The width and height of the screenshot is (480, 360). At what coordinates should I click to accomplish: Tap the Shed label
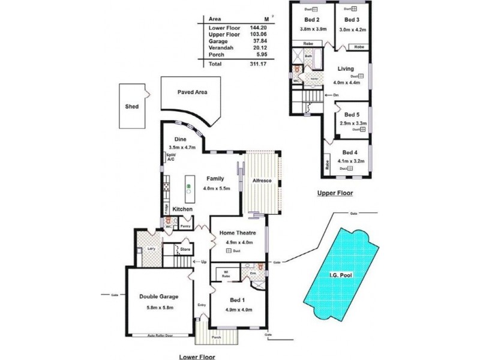pos(131,106)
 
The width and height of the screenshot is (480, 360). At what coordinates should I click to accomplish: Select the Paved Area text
pos(193,92)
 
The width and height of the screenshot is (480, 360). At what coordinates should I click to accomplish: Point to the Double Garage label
pos(159,297)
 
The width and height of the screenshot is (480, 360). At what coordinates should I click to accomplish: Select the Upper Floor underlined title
pos(335,193)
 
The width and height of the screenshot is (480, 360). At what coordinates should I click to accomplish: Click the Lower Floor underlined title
pos(197,356)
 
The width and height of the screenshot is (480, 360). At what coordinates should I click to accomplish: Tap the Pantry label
pos(186,226)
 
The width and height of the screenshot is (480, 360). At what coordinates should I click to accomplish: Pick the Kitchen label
pos(182,209)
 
